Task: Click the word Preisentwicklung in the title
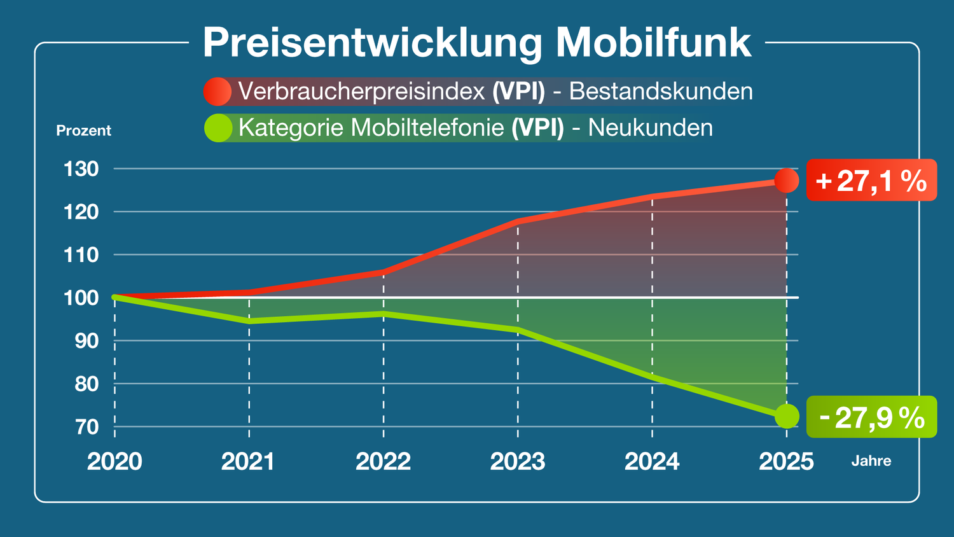tap(373, 43)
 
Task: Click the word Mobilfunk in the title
tap(653, 43)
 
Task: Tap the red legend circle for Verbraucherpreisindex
tap(218, 92)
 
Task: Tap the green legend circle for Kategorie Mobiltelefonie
tap(218, 128)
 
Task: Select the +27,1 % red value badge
tap(871, 181)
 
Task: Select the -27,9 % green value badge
tap(871, 417)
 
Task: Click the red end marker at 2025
tap(787, 181)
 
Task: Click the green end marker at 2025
tap(787, 416)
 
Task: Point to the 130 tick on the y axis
tap(81, 169)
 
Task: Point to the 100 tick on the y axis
tap(81, 298)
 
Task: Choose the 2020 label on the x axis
tap(114, 461)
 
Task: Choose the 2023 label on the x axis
tap(518, 461)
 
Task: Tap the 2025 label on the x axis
tap(786, 461)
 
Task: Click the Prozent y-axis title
tap(83, 130)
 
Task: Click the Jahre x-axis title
tap(871, 461)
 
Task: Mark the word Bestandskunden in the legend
tap(661, 92)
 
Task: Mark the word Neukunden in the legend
tap(650, 128)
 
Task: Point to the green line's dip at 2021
tap(249, 321)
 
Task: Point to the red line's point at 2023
tap(518, 221)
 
